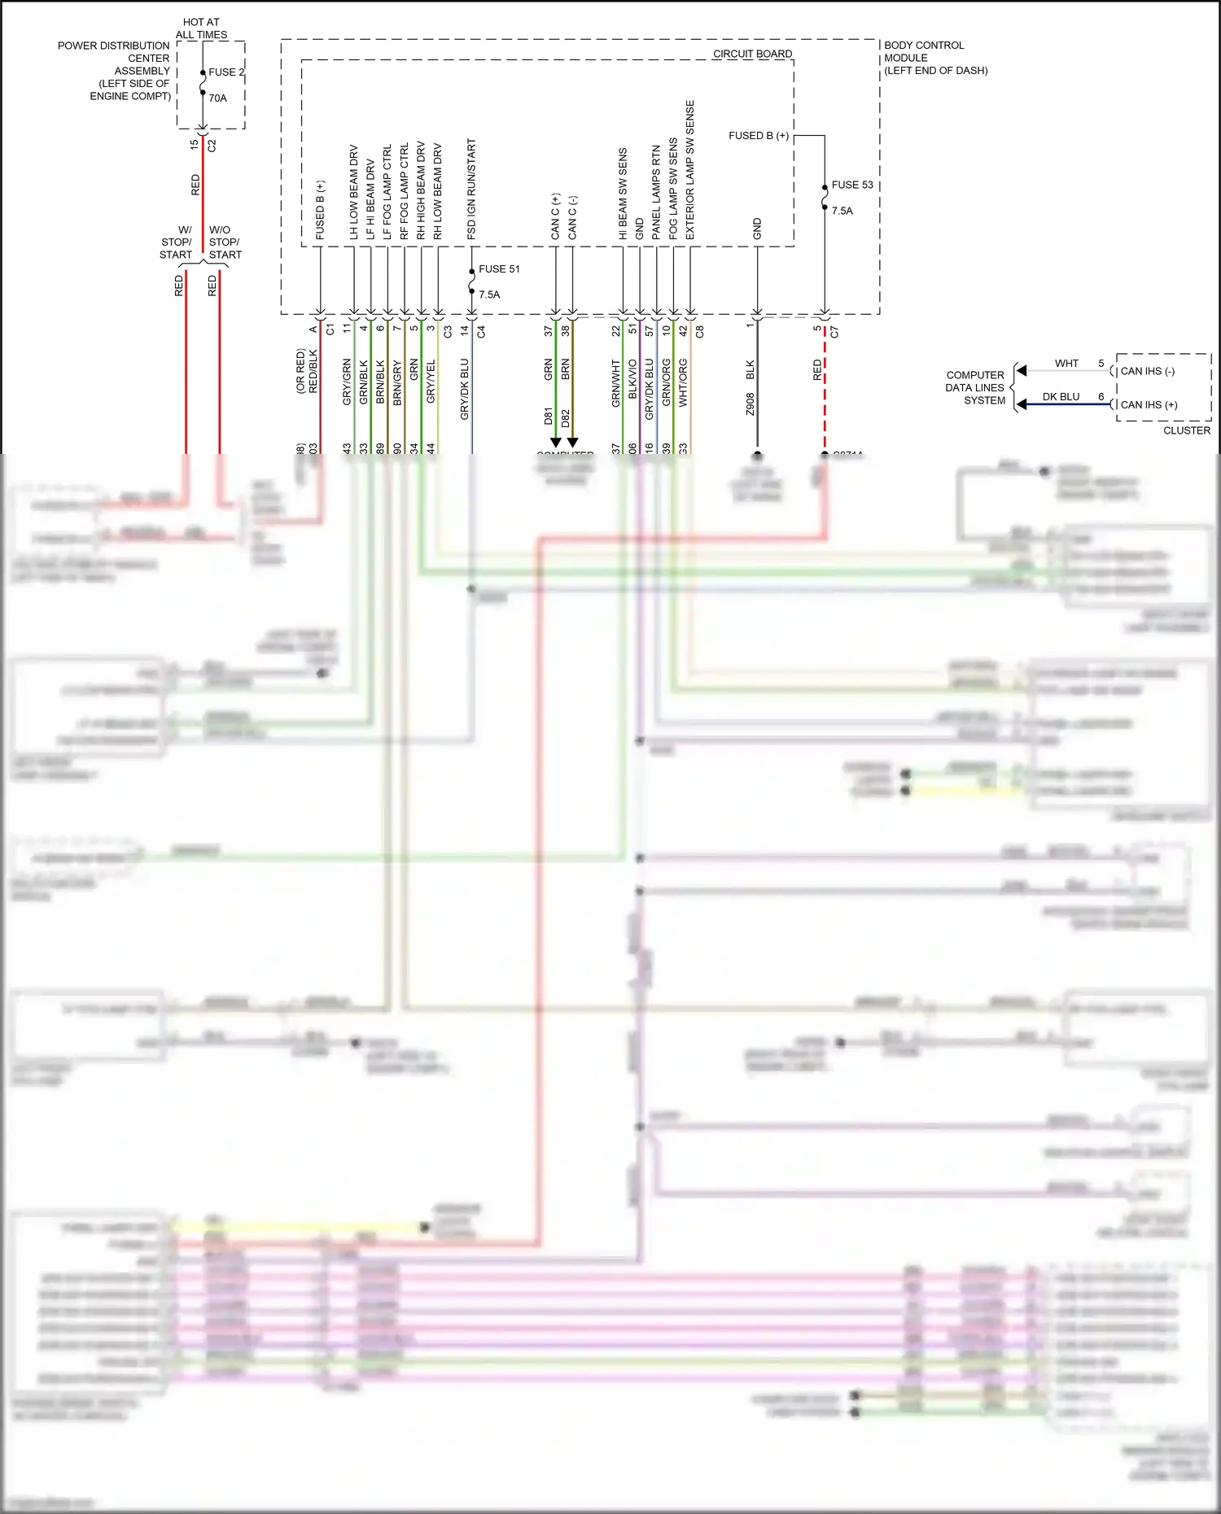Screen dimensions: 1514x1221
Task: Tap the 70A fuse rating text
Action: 217,98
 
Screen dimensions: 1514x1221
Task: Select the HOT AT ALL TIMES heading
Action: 201,28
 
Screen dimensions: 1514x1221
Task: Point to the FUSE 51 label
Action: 498,268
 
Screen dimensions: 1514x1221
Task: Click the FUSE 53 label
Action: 851,185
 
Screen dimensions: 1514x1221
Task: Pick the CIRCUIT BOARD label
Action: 752,54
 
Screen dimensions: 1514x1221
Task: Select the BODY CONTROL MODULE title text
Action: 924,51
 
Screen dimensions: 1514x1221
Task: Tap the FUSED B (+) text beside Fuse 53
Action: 758,135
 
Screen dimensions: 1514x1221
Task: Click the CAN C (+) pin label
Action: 556,216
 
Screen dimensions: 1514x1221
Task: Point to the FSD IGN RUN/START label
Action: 471,189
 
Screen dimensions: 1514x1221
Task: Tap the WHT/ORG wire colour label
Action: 683,382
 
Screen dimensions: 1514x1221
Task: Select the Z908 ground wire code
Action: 750,404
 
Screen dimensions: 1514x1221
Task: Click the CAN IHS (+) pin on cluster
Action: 1149,404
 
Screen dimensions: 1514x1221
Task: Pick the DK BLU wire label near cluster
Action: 1061,397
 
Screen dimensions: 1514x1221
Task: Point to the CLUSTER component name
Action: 1186,430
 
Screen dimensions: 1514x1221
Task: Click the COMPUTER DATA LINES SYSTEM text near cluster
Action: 975,387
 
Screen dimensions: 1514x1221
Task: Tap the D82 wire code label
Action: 565,419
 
